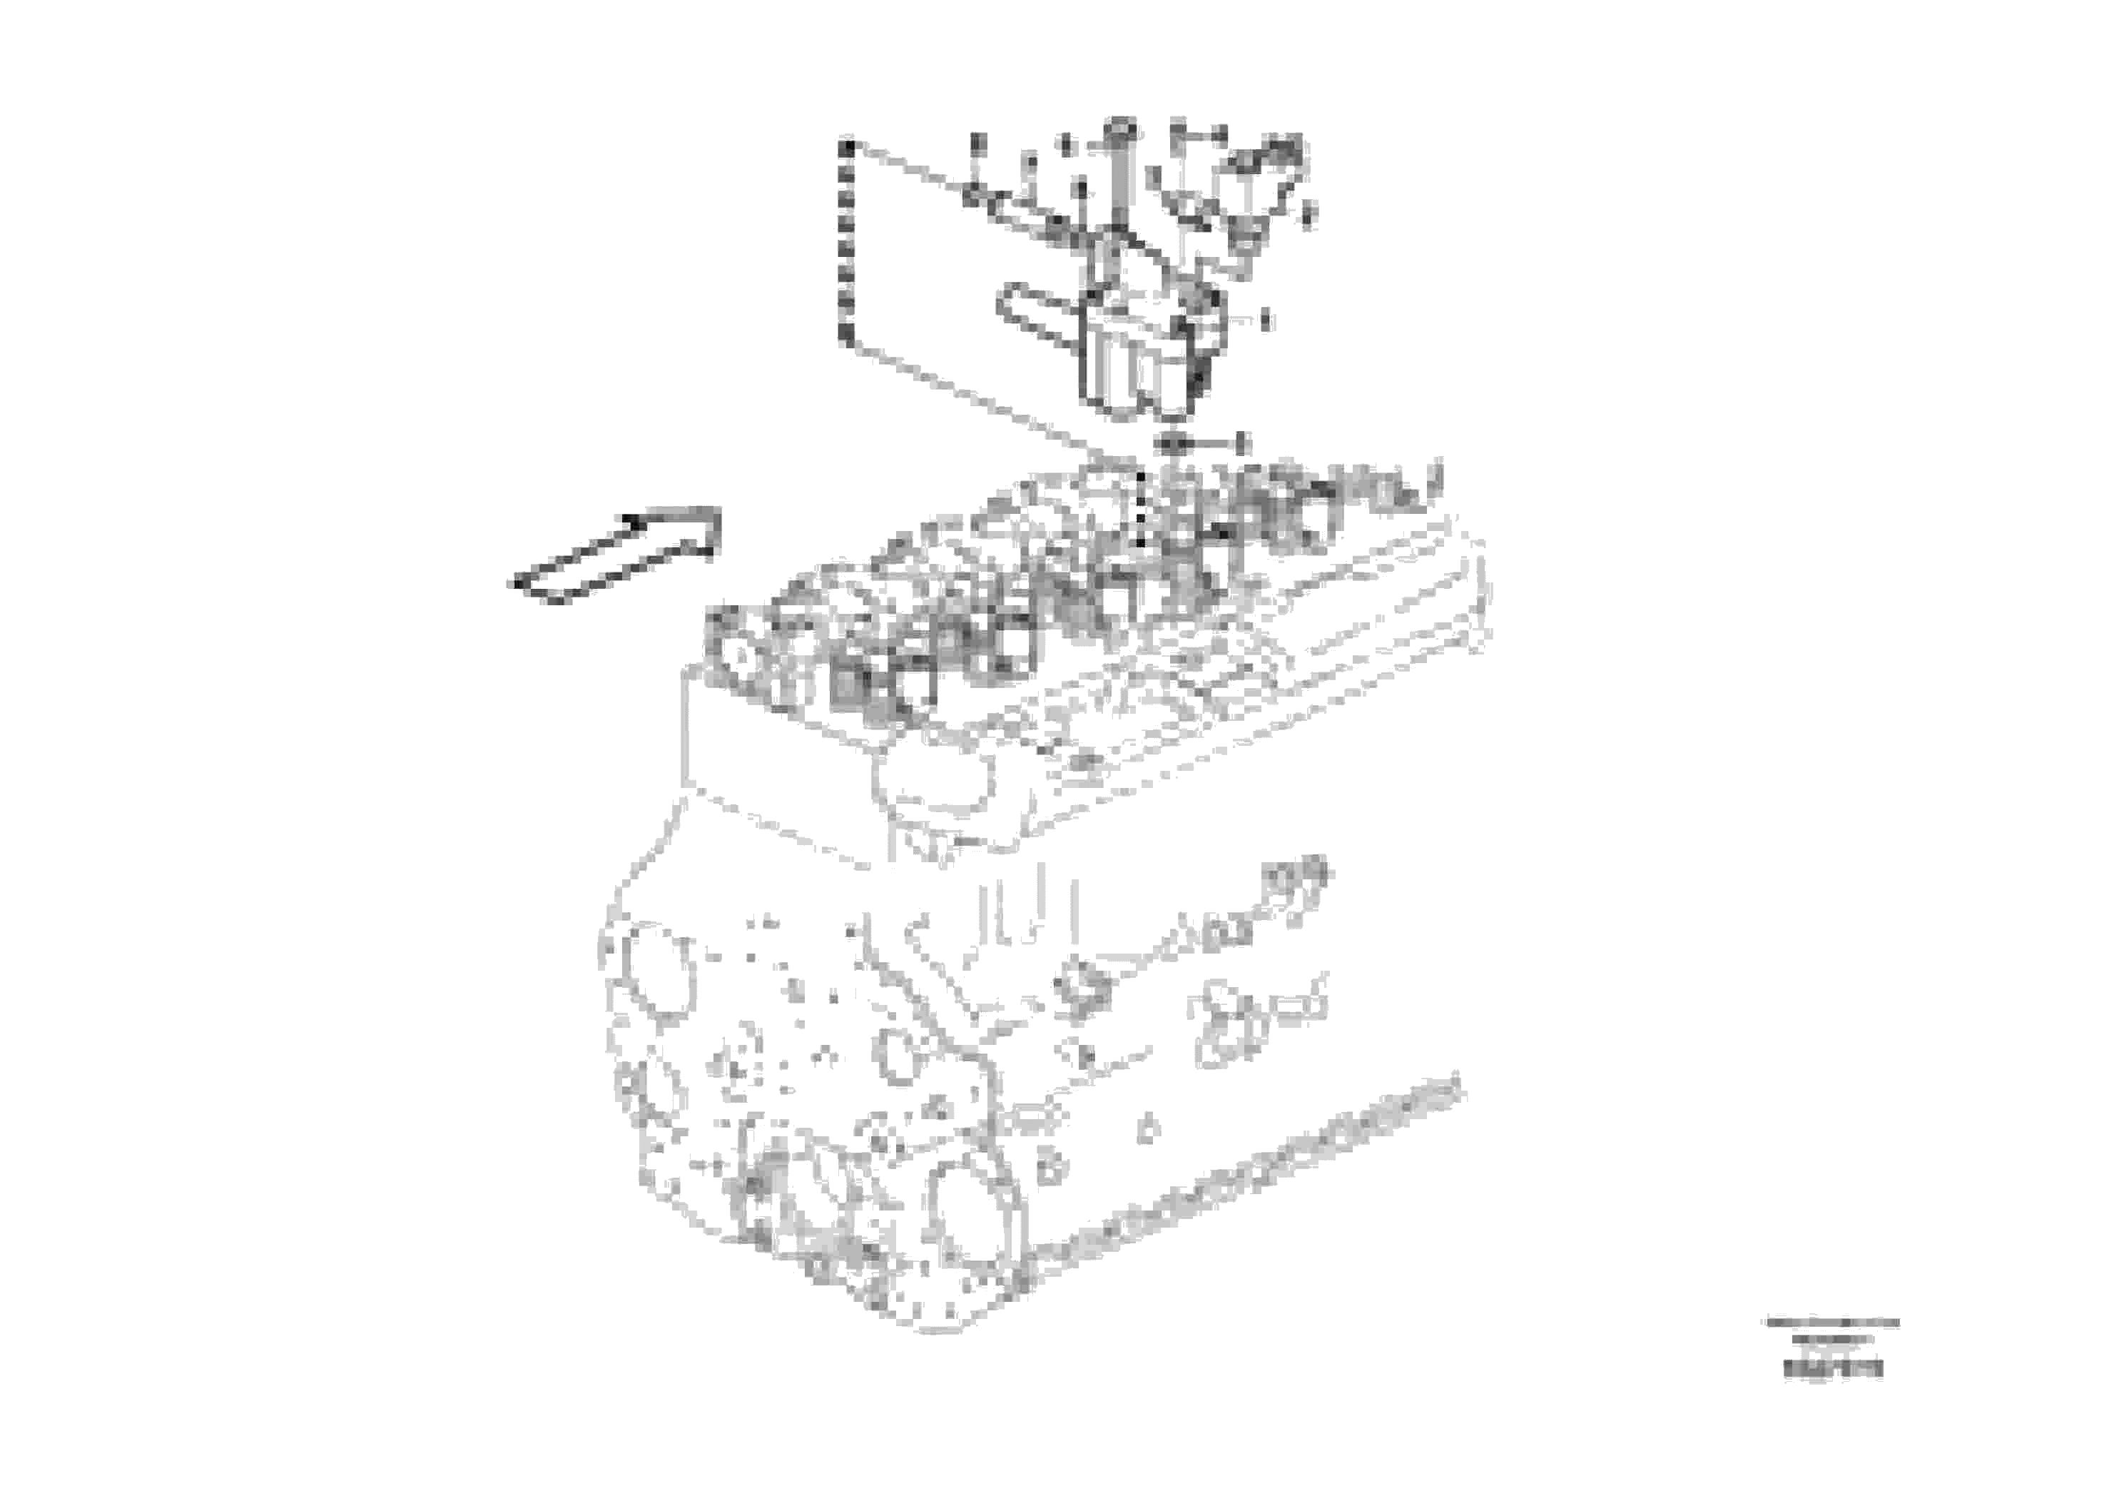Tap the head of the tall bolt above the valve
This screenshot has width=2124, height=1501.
pyautogui.click(x=1120, y=128)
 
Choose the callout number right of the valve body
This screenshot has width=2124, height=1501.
pyautogui.click(x=1266, y=320)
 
